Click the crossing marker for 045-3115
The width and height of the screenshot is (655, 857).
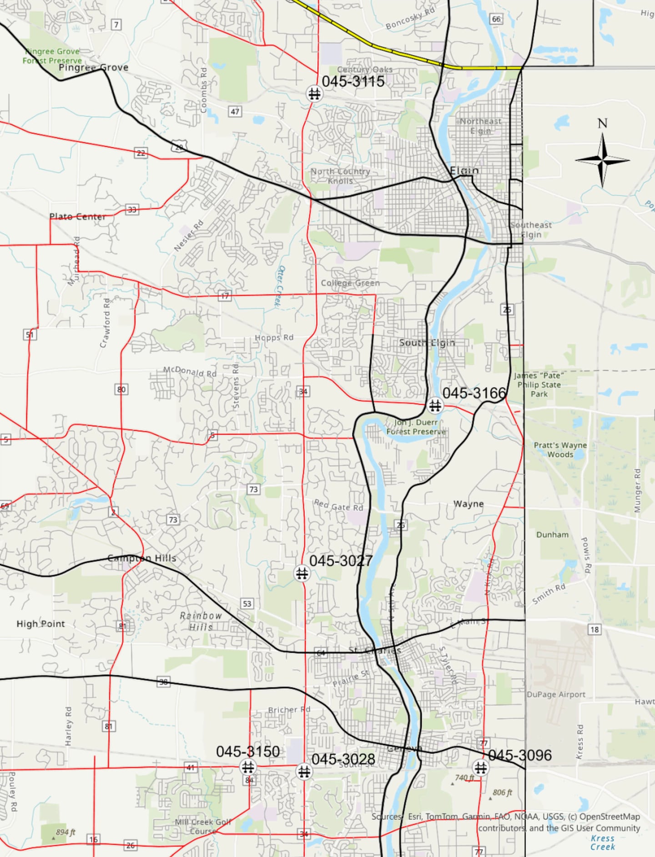314,94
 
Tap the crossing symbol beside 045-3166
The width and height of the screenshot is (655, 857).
435,405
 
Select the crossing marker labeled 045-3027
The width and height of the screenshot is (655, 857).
302,573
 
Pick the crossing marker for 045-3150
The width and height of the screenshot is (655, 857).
248,767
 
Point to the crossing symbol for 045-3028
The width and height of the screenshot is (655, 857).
304,771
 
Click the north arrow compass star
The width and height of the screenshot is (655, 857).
602,160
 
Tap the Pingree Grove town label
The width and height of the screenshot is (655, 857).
94,67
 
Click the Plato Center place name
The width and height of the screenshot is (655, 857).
77,217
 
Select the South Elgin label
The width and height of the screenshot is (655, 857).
427,343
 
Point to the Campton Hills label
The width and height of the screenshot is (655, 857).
142,558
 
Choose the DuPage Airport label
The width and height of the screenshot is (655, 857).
556,695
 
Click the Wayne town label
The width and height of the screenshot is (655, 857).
469,504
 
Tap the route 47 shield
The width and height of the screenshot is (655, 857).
235,112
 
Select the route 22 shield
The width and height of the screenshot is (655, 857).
141,153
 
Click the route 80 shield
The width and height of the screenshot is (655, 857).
121,389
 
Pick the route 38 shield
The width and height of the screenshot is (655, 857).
163,682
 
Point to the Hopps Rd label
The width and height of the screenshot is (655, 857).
274,338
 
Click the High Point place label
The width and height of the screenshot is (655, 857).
40,624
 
